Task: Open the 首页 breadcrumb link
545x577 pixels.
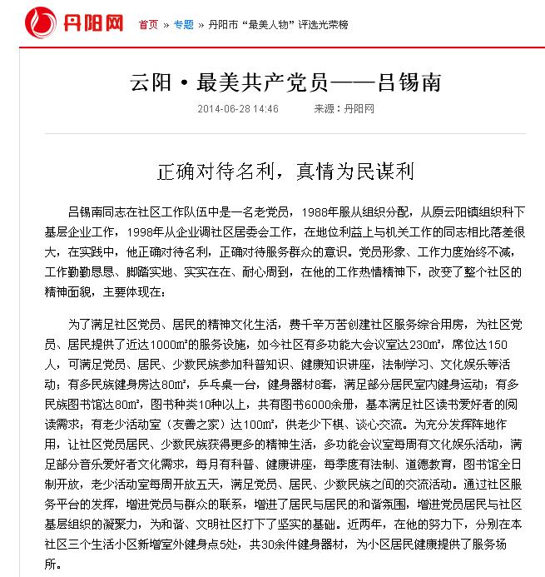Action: tap(148, 24)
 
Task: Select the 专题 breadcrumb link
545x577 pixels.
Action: tap(183, 24)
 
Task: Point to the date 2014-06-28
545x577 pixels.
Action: tap(225, 109)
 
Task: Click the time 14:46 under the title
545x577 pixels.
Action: tap(266, 109)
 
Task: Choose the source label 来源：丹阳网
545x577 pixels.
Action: tap(344, 109)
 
